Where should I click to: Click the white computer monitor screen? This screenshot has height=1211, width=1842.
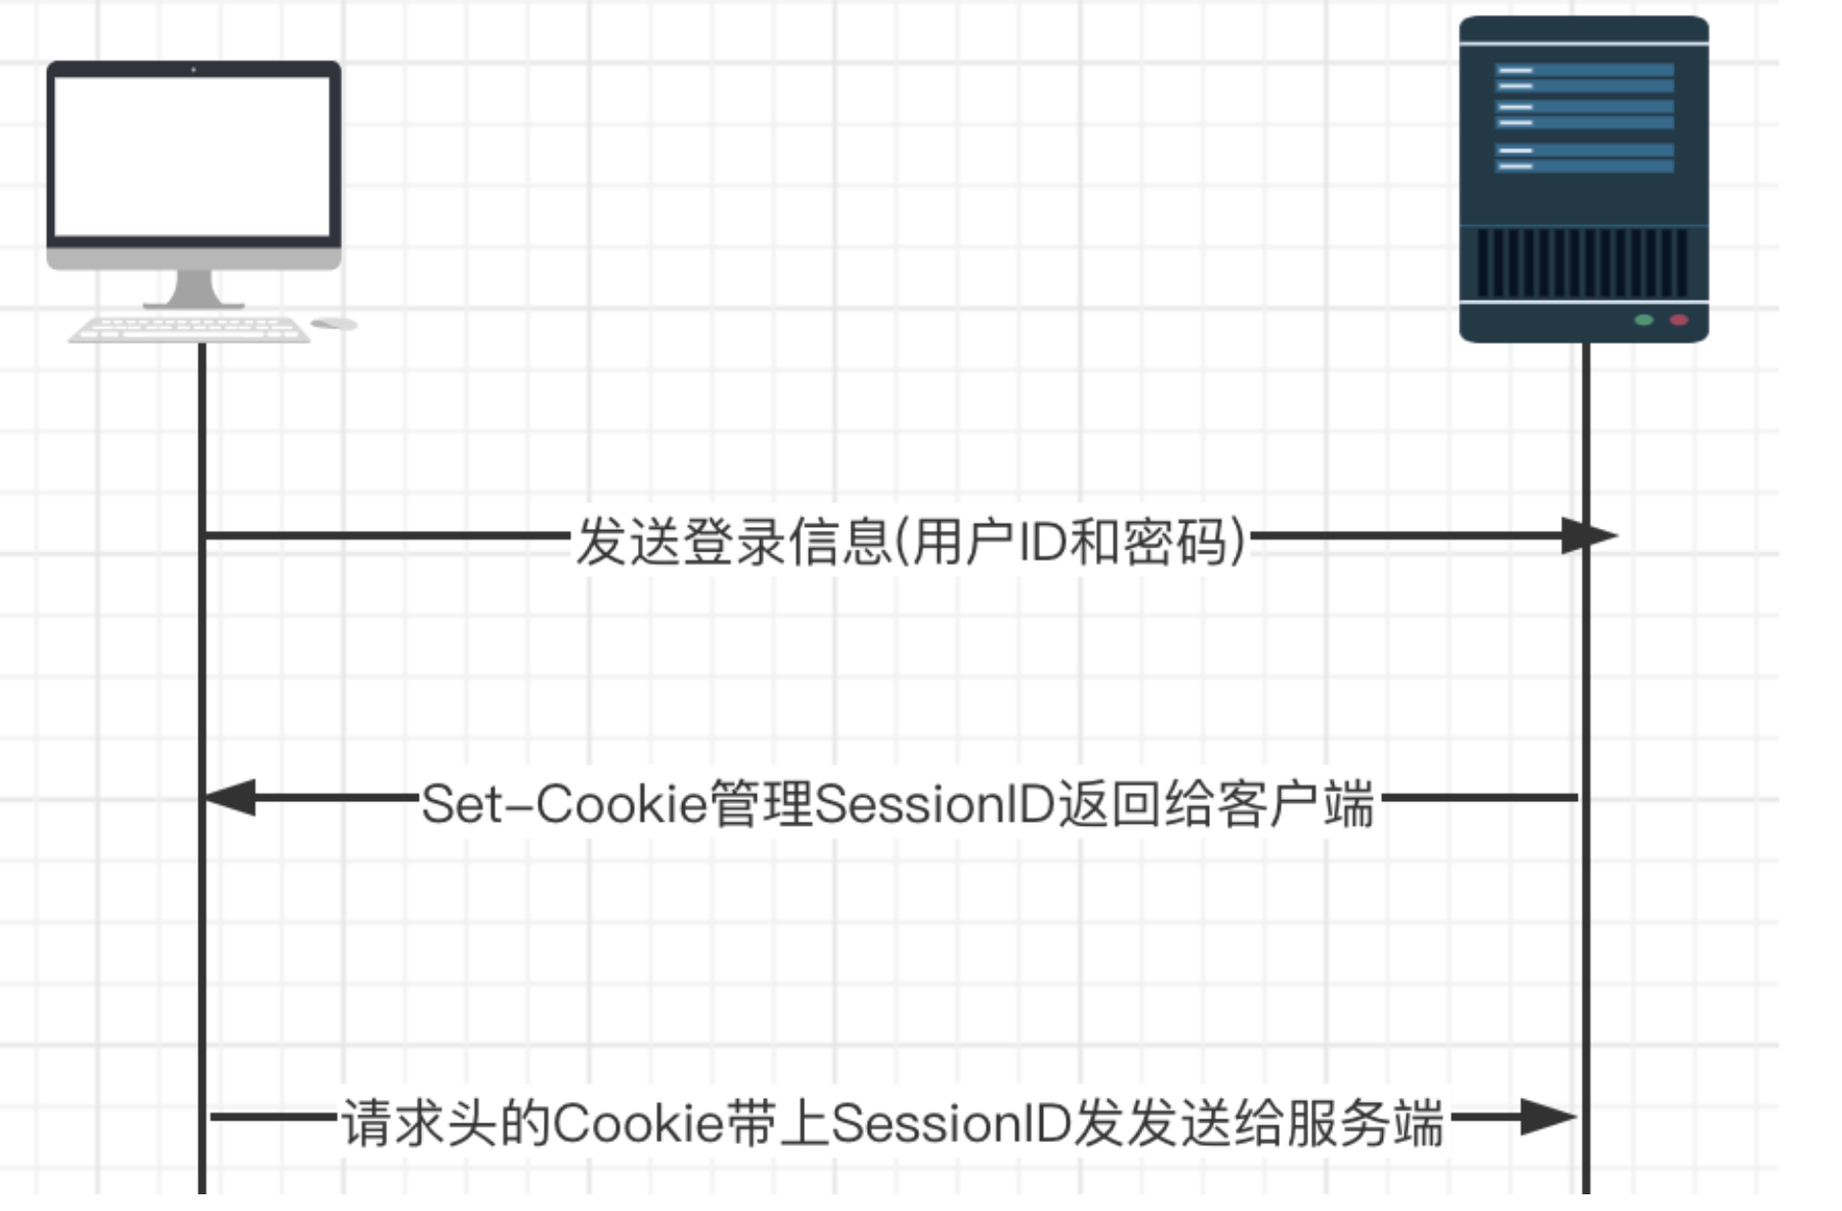[x=194, y=156]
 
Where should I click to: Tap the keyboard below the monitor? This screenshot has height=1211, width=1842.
[x=189, y=329]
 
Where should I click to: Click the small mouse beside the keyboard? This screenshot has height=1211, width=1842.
[x=334, y=323]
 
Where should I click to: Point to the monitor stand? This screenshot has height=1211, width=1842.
[x=194, y=290]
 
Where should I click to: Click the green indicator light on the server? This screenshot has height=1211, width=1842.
[x=1643, y=319]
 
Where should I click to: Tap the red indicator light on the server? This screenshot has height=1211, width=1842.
[x=1679, y=319]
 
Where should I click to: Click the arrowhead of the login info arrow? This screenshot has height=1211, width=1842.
[x=1590, y=536]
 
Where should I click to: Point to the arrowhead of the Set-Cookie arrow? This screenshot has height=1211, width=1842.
[x=229, y=797]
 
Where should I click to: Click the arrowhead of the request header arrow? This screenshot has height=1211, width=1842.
[x=1549, y=1117]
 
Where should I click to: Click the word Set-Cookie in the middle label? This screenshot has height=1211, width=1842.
[x=565, y=804]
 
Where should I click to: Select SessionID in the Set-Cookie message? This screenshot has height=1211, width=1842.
[x=935, y=804]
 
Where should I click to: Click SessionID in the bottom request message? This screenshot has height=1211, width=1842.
[x=950, y=1124]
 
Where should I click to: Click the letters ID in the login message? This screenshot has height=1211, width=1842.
[x=1043, y=542]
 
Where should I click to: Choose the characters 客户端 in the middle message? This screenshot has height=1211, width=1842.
[x=1295, y=804]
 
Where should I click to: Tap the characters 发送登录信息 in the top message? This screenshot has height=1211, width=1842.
[x=733, y=542]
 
